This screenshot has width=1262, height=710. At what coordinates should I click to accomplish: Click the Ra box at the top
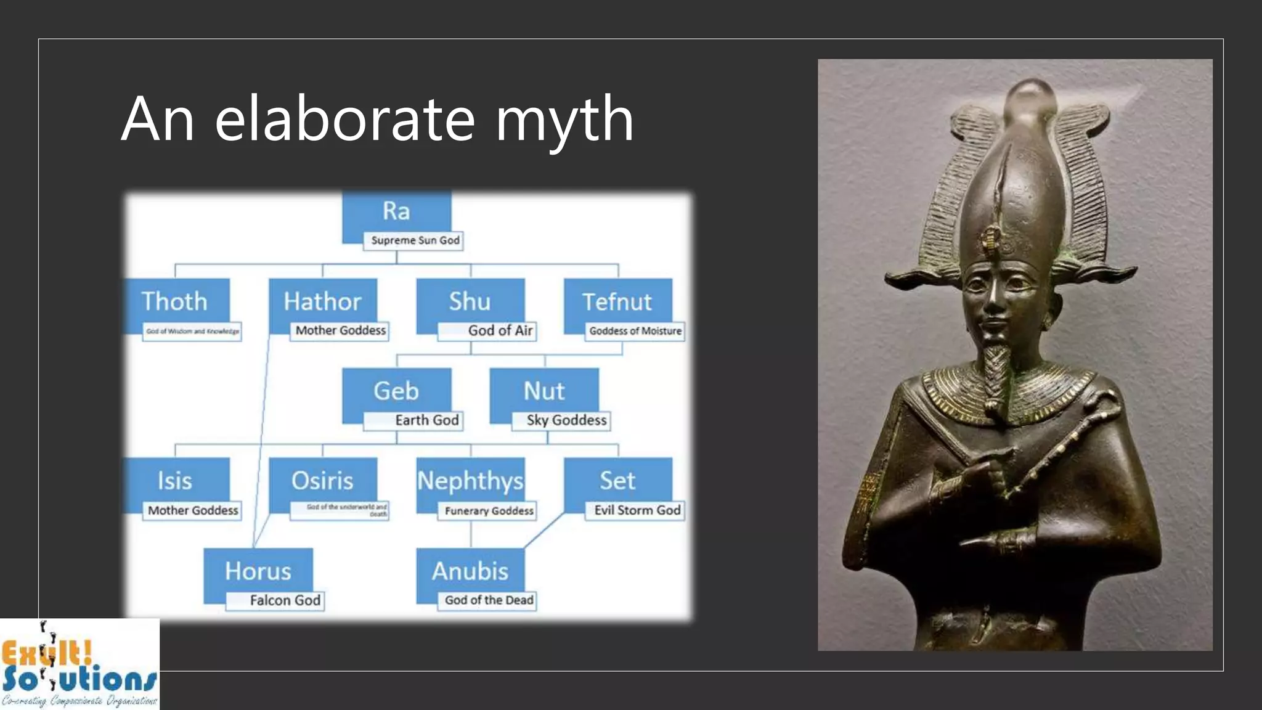(396, 212)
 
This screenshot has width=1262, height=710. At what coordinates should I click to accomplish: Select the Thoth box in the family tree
(175, 301)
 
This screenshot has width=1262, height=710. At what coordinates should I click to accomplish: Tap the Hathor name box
(322, 301)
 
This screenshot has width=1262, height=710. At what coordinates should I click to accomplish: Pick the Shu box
(470, 301)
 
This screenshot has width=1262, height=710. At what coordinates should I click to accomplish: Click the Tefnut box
(617, 301)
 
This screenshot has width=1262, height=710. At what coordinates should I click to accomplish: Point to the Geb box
(396, 391)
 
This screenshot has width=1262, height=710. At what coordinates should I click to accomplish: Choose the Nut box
(543, 391)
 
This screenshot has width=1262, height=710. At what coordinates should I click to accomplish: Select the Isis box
(175, 481)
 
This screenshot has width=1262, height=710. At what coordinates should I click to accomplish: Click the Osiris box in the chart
(322, 481)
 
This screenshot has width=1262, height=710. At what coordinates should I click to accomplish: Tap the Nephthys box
(470, 481)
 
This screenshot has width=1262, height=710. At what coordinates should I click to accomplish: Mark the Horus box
(258, 571)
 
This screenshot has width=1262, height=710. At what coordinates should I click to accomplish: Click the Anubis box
(470, 571)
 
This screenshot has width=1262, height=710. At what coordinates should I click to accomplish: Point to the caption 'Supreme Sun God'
(414, 240)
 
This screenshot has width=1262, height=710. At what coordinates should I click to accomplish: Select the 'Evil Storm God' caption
(636, 510)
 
